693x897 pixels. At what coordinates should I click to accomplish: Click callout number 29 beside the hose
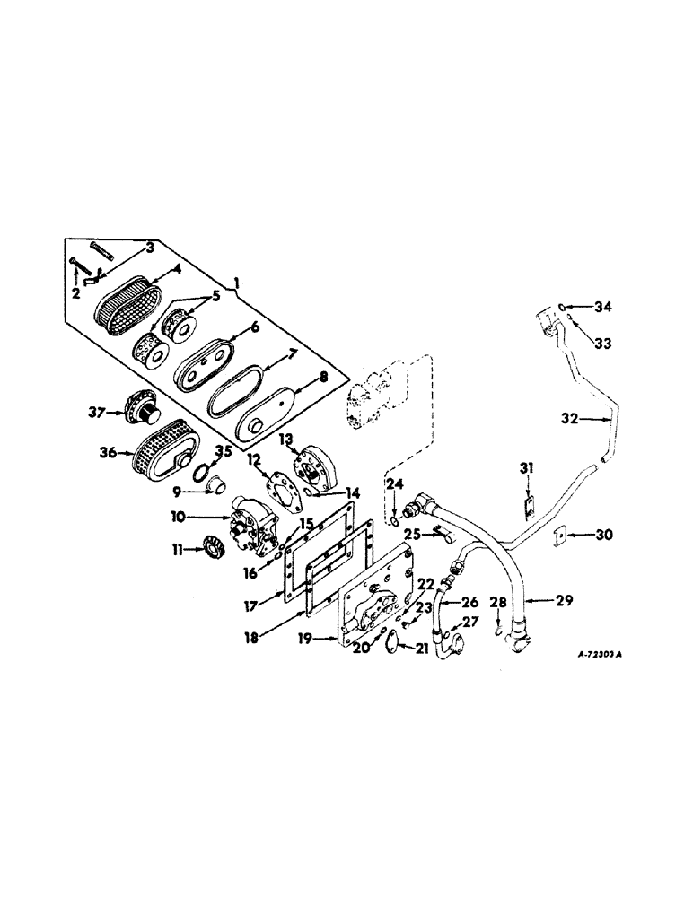[x=563, y=599]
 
